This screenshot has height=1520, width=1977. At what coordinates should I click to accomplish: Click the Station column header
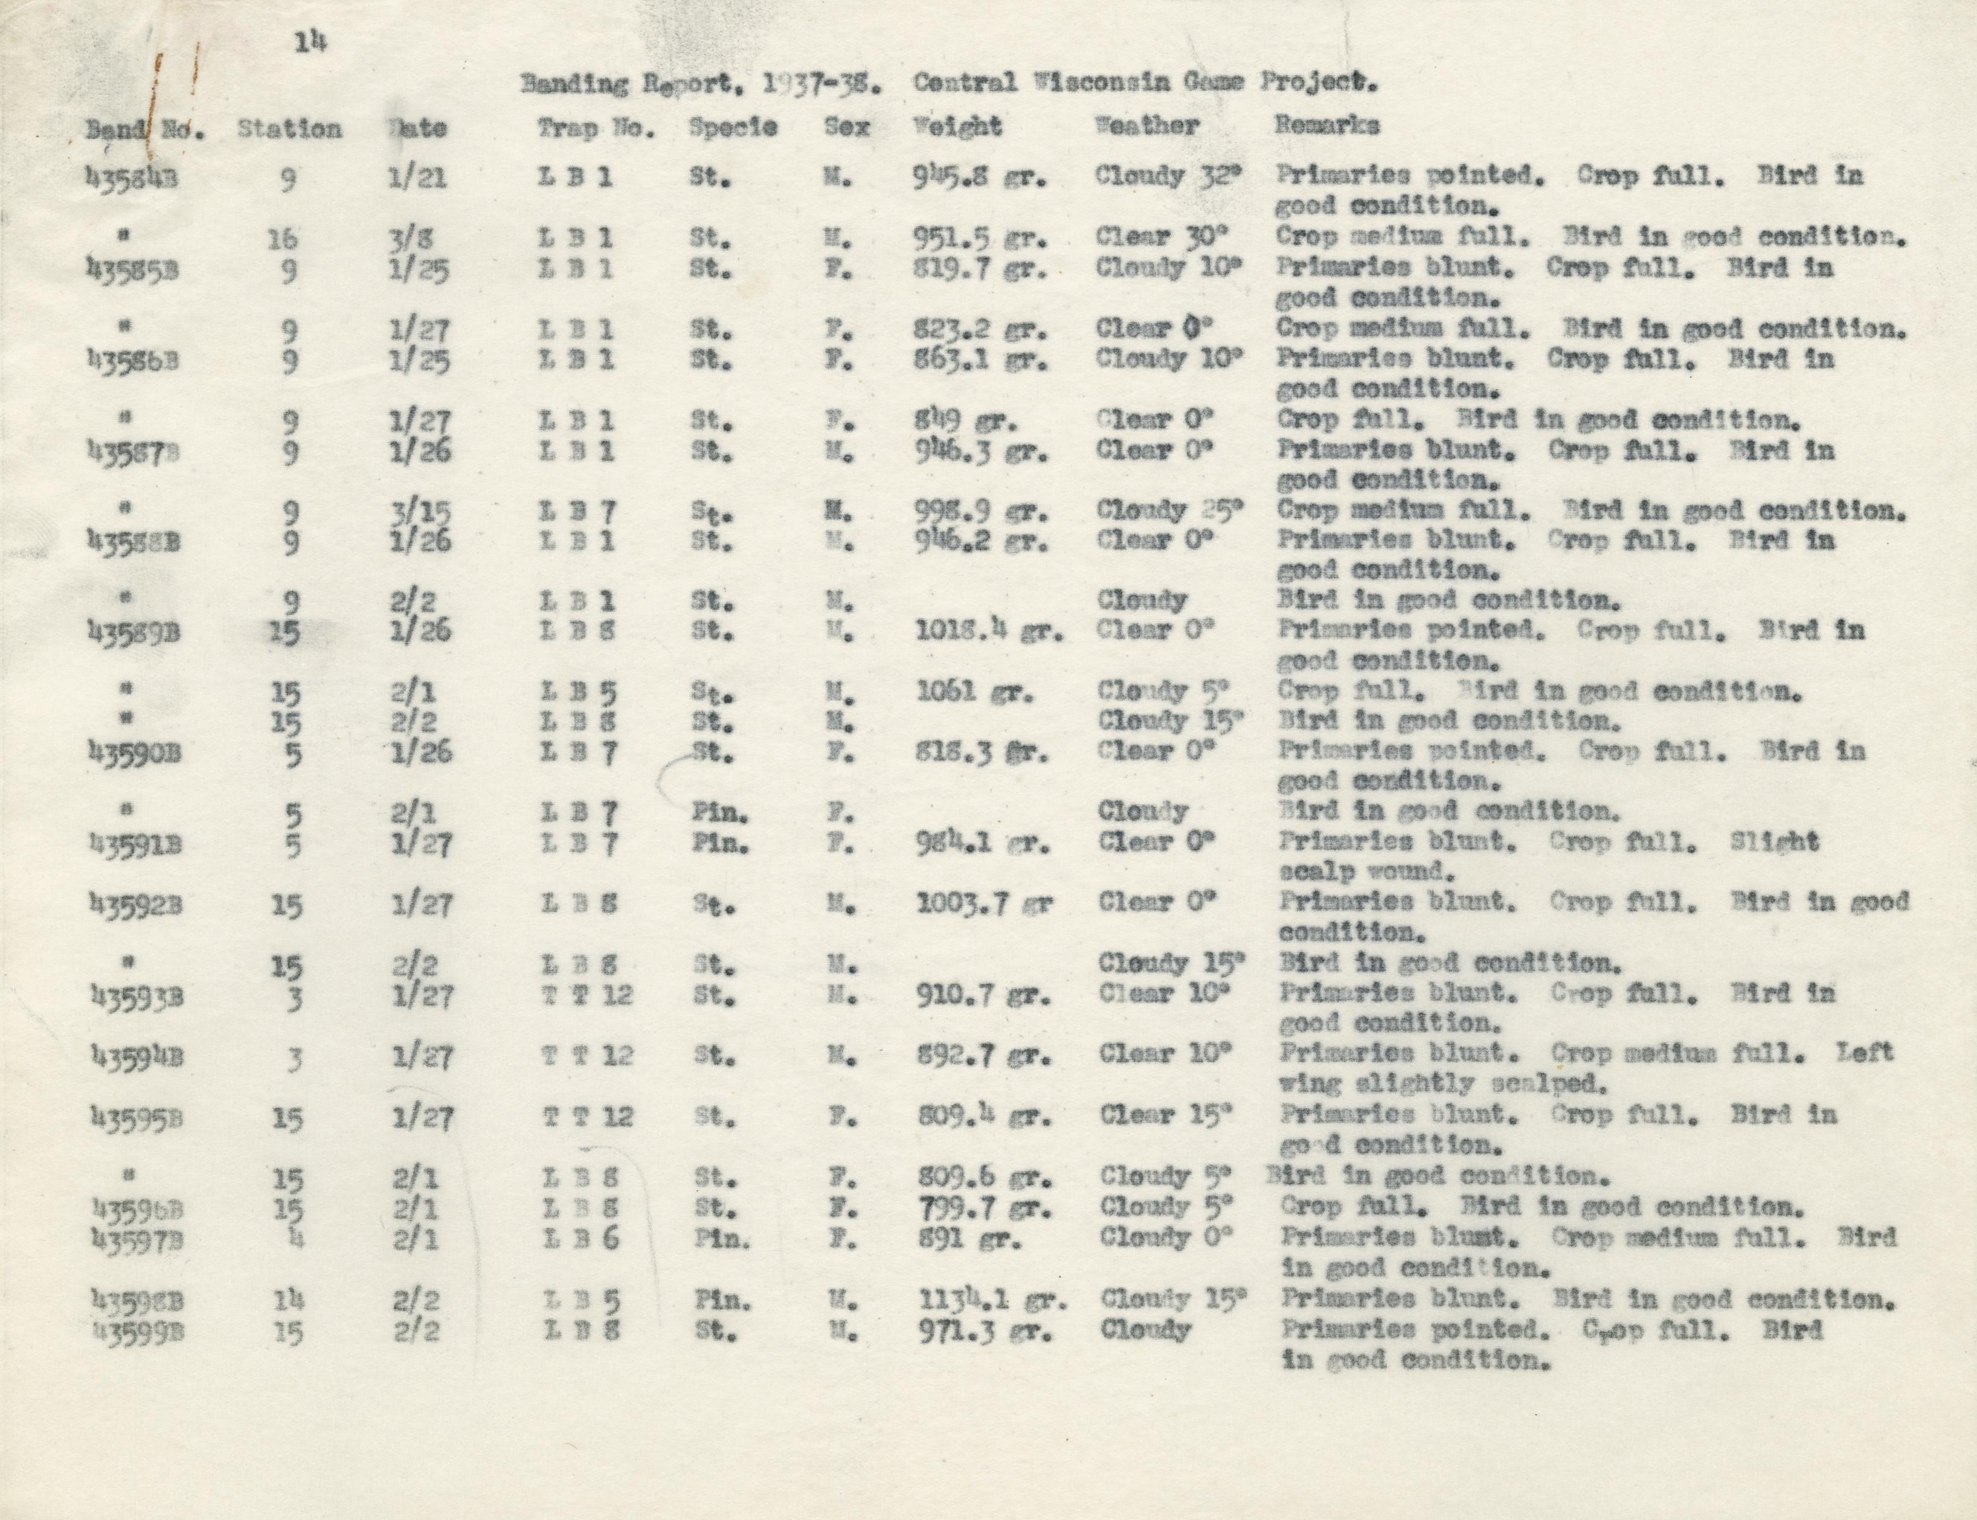point(289,129)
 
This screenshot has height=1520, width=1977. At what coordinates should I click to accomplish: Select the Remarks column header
point(1326,126)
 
